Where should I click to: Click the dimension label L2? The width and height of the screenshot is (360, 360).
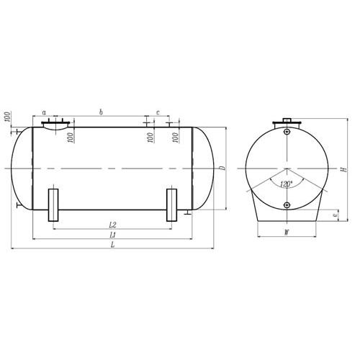tap(112, 225)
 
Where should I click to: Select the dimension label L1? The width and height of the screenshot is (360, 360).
tap(112, 235)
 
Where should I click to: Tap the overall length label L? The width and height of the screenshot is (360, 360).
tap(112, 245)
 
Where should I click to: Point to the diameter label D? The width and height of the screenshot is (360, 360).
tap(223, 168)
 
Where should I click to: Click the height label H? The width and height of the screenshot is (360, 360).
tap(344, 169)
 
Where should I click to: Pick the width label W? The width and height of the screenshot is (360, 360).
tap(287, 233)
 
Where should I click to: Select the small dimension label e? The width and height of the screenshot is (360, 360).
tap(336, 215)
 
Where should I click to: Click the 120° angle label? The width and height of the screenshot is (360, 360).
tap(286, 184)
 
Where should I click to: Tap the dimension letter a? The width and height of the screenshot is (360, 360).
tap(44, 112)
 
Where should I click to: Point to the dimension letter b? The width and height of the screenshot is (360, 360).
tap(101, 112)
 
